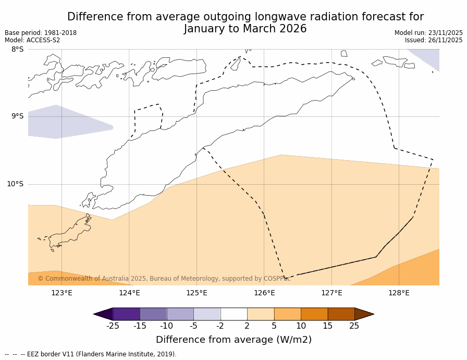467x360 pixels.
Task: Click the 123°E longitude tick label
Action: (62, 293)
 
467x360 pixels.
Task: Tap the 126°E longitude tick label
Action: (264, 293)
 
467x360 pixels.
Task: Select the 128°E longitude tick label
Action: (399, 293)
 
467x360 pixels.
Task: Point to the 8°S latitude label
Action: (17, 50)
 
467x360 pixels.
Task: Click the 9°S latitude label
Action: (17, 116)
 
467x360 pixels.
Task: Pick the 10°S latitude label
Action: (15, 184)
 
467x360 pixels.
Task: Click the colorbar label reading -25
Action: (113, 326)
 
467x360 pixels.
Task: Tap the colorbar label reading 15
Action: (327, 326)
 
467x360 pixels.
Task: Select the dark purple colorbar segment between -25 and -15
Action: (126, 314)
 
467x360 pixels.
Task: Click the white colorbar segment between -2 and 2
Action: (233, 314)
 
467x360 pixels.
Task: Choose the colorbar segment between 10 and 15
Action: (314, 314)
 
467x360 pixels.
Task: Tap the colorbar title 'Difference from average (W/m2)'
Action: (233, 340)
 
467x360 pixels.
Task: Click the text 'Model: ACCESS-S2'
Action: (32, 40)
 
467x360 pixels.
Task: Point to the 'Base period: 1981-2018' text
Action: (41, 33)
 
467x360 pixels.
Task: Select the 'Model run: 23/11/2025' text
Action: (428, 33)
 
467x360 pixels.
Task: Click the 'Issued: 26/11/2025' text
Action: (434, 40)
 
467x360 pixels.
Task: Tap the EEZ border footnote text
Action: (91, 354)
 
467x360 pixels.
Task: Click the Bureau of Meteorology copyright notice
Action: (164, 279)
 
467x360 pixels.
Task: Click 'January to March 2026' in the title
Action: (245, 29)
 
